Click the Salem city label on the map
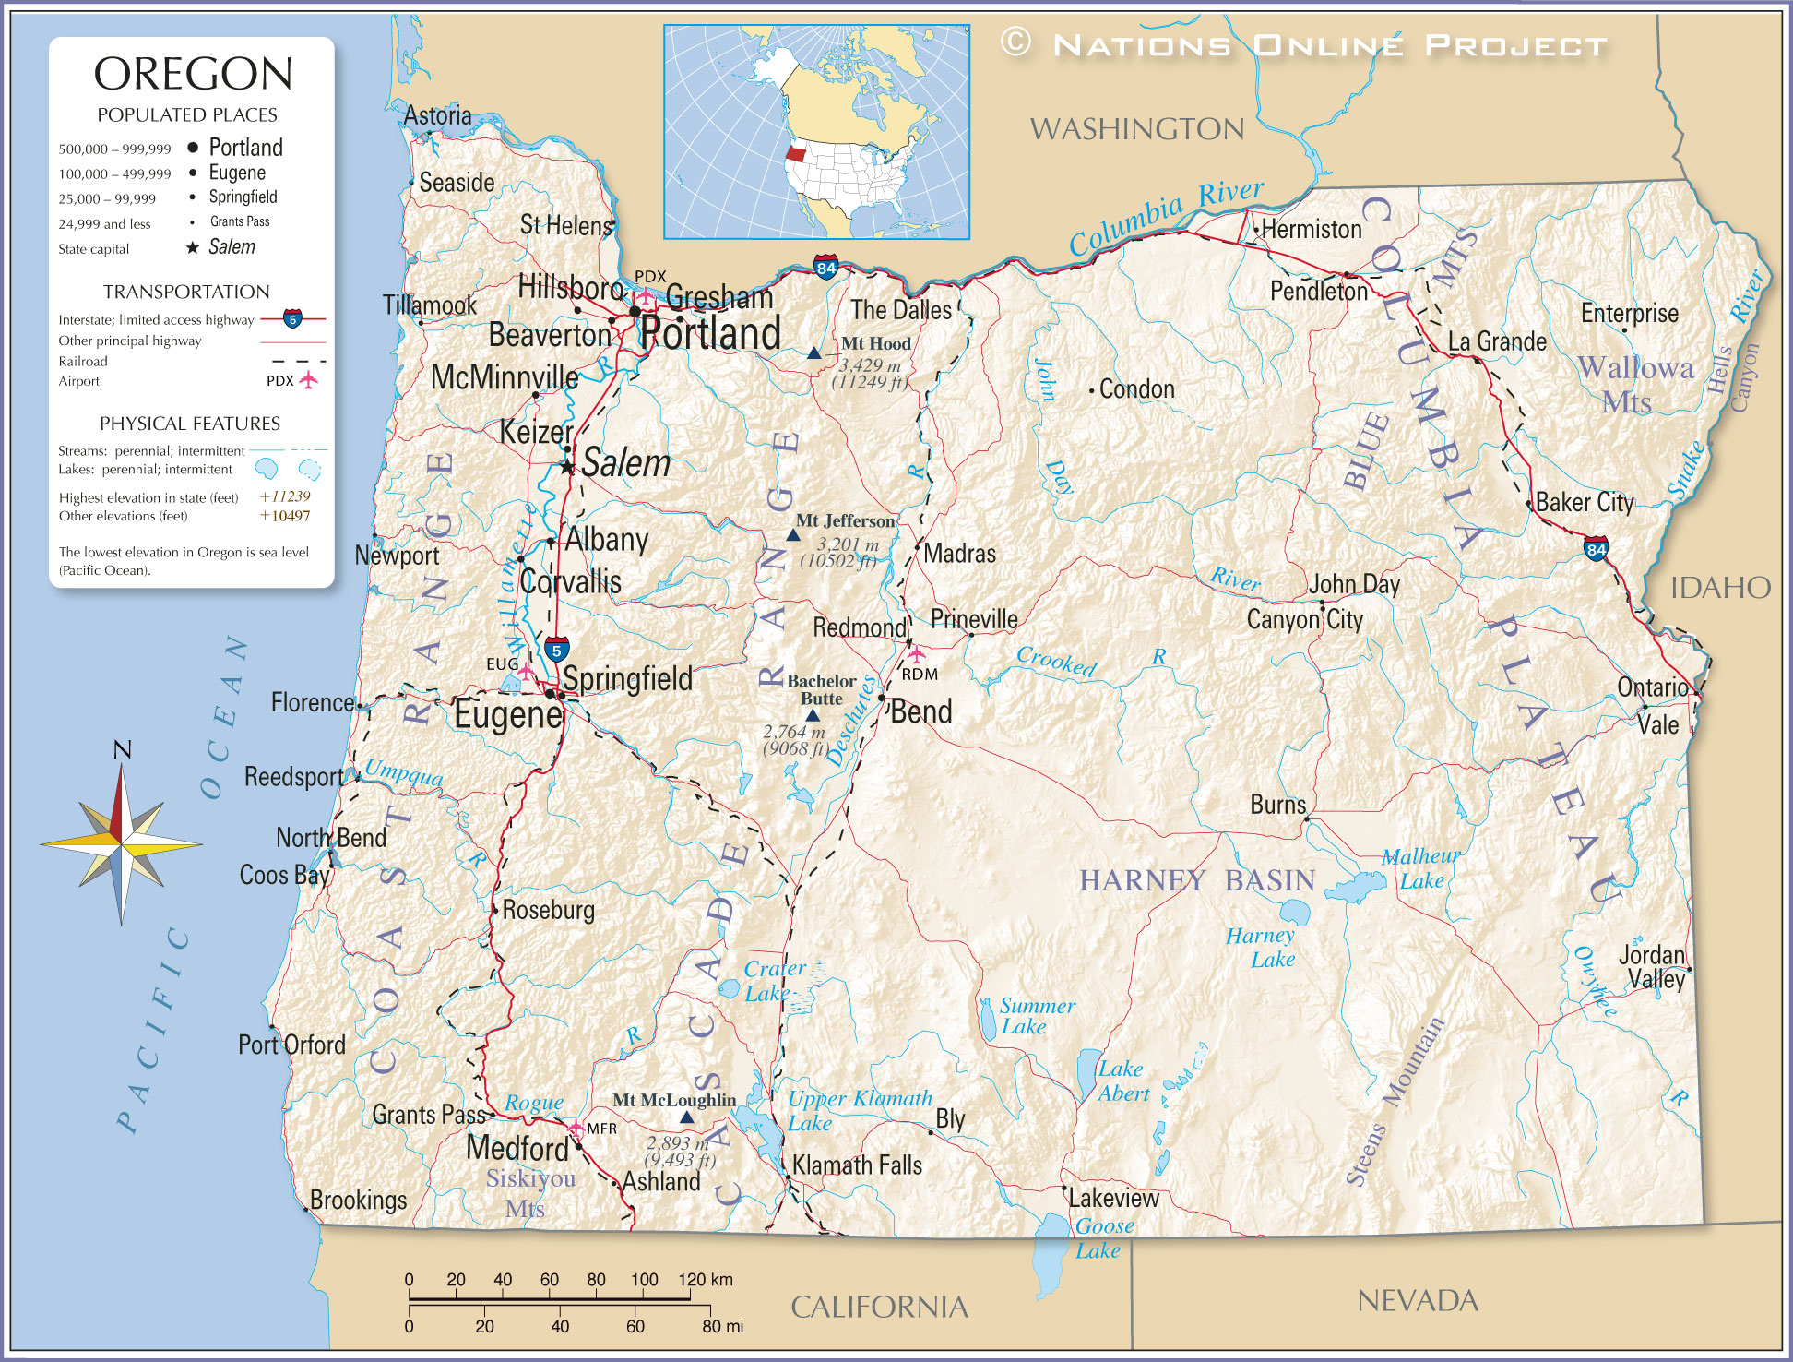click(625, 463)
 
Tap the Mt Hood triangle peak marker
click(813, 352)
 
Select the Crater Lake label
click(773, 981)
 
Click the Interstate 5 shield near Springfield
click(556, 650)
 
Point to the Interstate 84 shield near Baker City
click(1597, 549)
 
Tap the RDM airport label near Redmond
click(920, 675)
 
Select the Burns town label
click(1277, 805)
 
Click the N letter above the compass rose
click(122, 750)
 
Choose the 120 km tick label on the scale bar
click(706, 1280)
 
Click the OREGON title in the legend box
click(193, 74)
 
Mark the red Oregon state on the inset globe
click(795, 154)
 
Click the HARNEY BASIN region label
click(1196, 880)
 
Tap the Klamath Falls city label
click(857, 1165)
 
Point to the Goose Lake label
click(1101, 1238)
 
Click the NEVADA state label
click(1417, 1301)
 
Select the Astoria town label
click(437, 115)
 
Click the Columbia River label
click(1166, 217)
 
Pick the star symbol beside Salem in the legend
click(193, 247)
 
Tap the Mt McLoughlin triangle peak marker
click(686, 1117)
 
